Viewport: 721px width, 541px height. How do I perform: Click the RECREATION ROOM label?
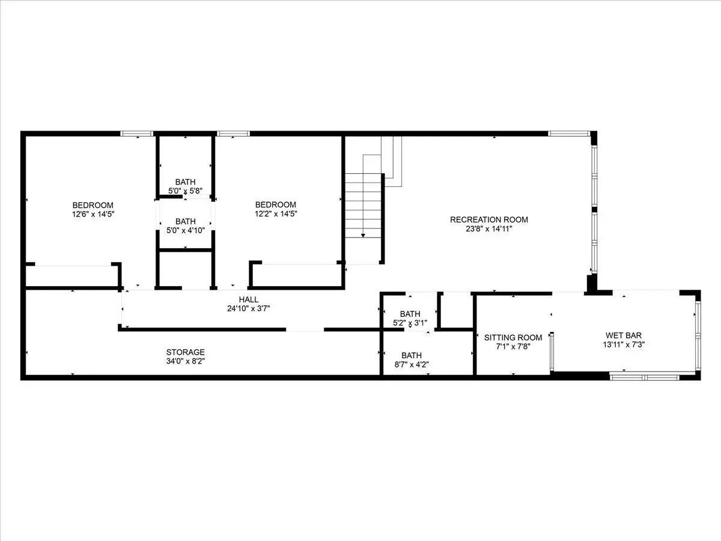[x=488, y=219]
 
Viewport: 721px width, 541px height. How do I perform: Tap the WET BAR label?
[x=624, y=335]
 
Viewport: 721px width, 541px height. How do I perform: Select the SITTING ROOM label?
[x=513, y=337]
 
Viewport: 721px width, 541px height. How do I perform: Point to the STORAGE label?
[x=185, y=352]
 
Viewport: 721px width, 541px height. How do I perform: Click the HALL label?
[x=248, y=299]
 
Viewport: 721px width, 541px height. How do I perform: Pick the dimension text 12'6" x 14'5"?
[x=93, y=214]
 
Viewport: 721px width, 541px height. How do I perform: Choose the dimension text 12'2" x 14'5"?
[x=276, y=214]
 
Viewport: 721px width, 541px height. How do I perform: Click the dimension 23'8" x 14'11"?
[x=488, y=228]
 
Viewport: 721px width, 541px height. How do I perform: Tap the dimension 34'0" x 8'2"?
[x=185, y=361]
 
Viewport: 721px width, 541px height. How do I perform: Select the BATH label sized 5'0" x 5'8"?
[x=185, y=182]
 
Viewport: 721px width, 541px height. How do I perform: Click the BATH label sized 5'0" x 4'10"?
[x=185, y=221]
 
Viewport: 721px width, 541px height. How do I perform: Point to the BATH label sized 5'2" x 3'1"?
[x=410, y=314]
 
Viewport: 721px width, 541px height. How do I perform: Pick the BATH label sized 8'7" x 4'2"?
[x=411, y=355]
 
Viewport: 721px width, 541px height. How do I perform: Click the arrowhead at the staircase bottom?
[x=363, y=235]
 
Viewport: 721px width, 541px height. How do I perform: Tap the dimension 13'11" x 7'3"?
[x=624, y=344]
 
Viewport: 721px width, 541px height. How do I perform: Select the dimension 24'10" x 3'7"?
[x=248, y=308]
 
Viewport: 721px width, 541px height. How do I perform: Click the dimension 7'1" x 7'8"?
[x=513, y=347]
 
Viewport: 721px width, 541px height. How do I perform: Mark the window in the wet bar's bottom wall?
[x=645, y=377]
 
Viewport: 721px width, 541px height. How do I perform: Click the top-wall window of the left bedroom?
[x=136, y=133]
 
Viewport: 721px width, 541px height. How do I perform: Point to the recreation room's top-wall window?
[x=568, y=133]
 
